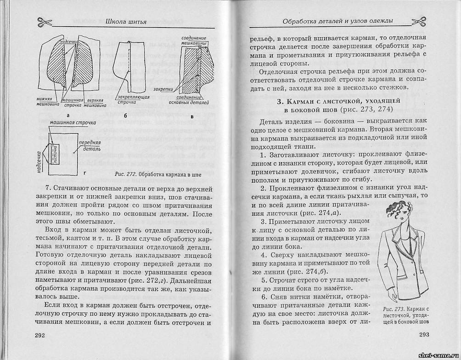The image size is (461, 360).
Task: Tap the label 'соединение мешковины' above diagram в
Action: pos(195,40)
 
